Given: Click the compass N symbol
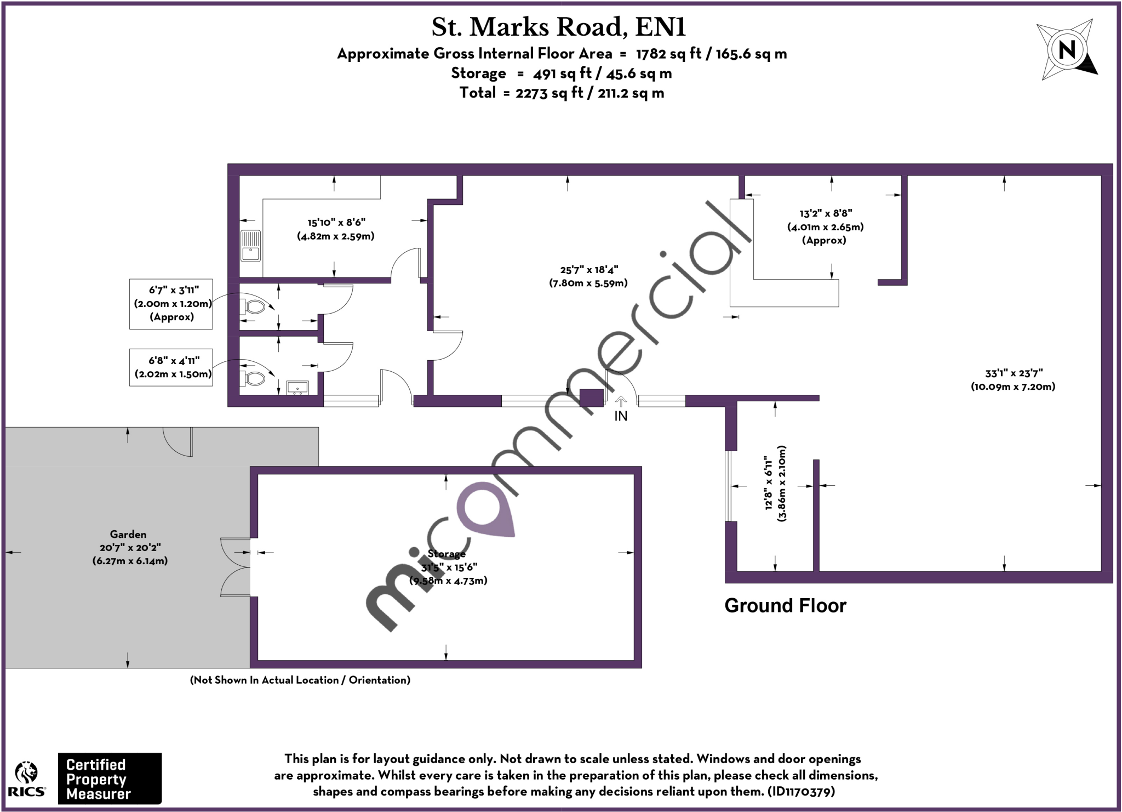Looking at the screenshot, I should (x=1067, y=50).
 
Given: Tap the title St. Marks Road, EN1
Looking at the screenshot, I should (x=558, y=27).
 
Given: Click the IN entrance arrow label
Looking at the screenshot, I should (x=620, y=416).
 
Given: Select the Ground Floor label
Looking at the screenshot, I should (x=785, y=606).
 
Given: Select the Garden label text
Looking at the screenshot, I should (x=128, y=534).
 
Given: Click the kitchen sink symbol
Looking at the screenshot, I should (x=251, y=246).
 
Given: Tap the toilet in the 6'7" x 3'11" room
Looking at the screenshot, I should (x=253, y=306).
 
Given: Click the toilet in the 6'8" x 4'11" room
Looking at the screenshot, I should (x=253, y=378).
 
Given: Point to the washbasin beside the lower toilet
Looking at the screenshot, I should (x=297, y=388).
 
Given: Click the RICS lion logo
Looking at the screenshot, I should (x=26, y=778).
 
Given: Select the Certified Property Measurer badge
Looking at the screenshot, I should (x=110, y=779).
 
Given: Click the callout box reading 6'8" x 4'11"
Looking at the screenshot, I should (x=171, y=367).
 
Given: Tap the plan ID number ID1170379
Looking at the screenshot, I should (x=802, y=791).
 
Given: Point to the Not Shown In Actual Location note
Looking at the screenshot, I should (x=300, y=680).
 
